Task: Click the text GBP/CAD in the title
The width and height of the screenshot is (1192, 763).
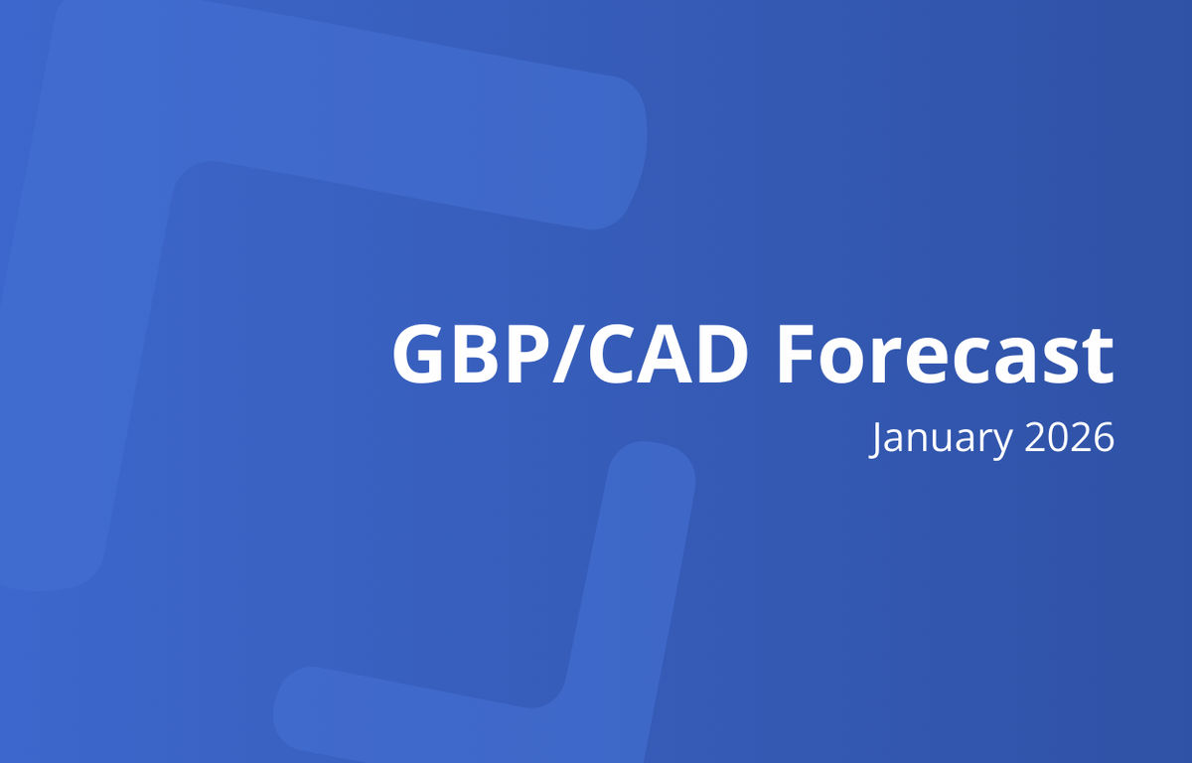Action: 569,355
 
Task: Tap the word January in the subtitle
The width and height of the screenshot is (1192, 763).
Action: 934,438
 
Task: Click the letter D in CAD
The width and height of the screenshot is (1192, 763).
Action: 717,355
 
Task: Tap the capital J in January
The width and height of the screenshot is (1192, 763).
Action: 876,438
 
